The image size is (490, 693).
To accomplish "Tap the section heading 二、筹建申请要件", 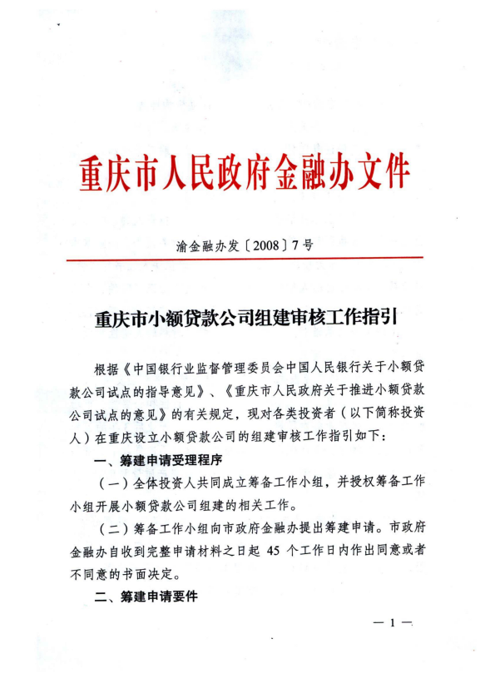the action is coord(146,596).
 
